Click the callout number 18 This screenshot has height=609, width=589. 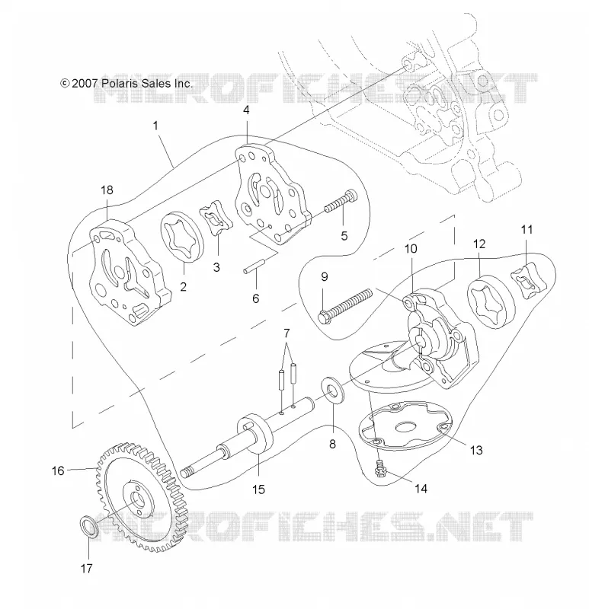(107, 190)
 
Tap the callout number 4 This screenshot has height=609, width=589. (246, 110)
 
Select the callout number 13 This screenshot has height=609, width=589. (476, 450)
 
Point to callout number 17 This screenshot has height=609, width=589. (86, 569)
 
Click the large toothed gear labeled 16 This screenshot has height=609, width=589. (142, 496)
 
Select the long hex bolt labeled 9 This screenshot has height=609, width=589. (345, 304)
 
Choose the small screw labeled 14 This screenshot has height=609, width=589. (379, 467)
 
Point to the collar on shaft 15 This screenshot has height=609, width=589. (255, 434)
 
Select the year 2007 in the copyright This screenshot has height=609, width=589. (85, 84)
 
